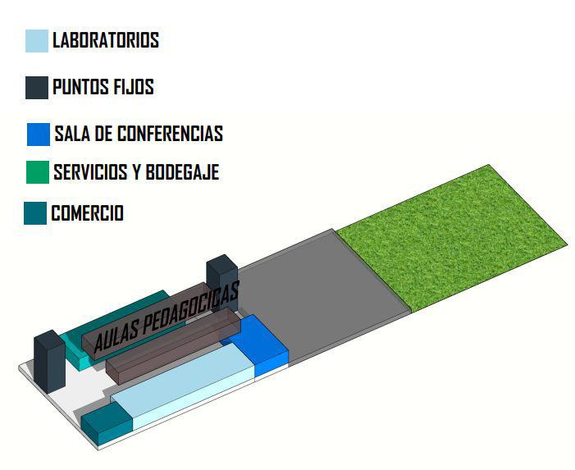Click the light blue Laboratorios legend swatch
(x=37, y=41)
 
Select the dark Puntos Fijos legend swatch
(x=37, y=87)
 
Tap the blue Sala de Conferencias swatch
(x=39, y=135)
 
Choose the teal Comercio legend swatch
(x=35, y=213)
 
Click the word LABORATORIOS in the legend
(x=105, y=40)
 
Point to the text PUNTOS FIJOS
(x=103, y=87)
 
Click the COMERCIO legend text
(x=87, y=213)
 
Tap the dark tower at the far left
(x=48, y=362)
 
